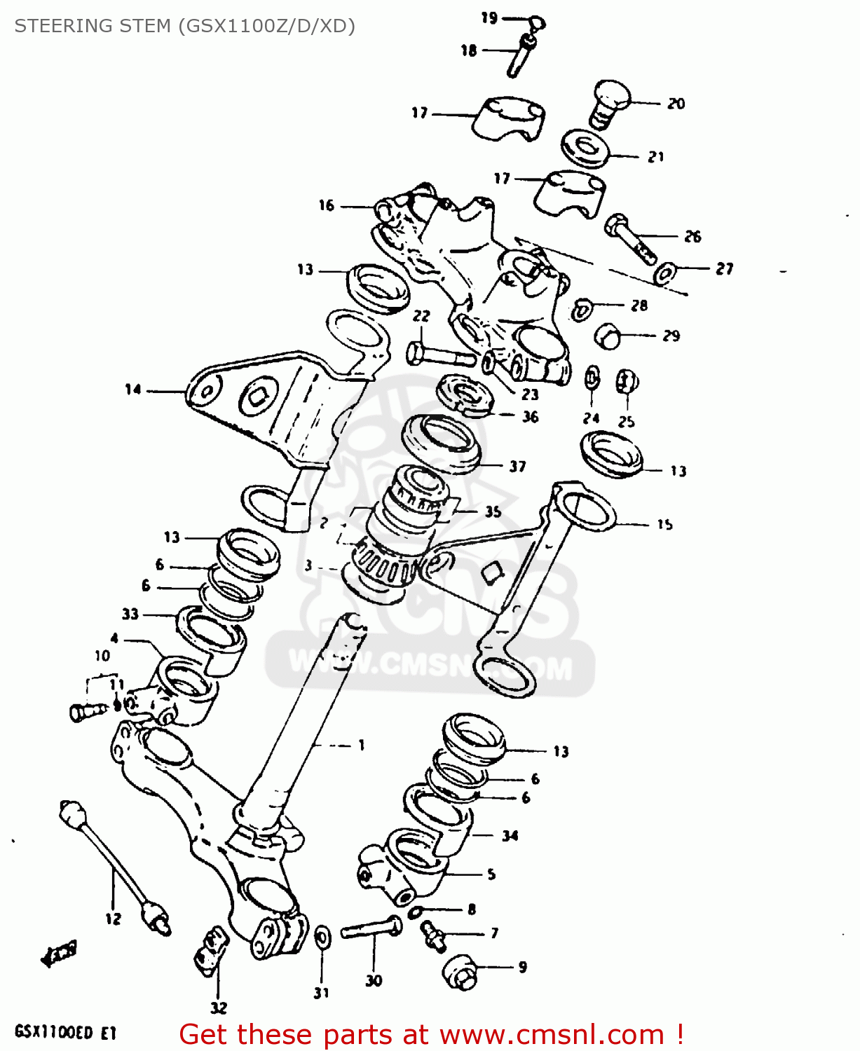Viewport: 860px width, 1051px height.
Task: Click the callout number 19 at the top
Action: tap(489, 18)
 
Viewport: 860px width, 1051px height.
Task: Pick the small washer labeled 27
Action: tap(664, 273)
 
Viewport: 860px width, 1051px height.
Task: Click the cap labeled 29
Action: tap(607, 336)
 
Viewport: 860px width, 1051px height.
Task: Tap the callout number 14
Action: tap(133, 390)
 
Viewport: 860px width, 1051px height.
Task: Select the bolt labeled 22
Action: tap(440, 355)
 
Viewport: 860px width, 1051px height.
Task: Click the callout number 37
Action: tap(517, 467)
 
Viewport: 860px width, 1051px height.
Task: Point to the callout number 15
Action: tap(664, 524)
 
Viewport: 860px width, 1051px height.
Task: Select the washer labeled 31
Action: tap(322, 936)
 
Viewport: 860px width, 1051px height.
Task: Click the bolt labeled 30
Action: tap(372, 928)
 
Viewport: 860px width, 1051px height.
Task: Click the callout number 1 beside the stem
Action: tap(362, 746)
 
